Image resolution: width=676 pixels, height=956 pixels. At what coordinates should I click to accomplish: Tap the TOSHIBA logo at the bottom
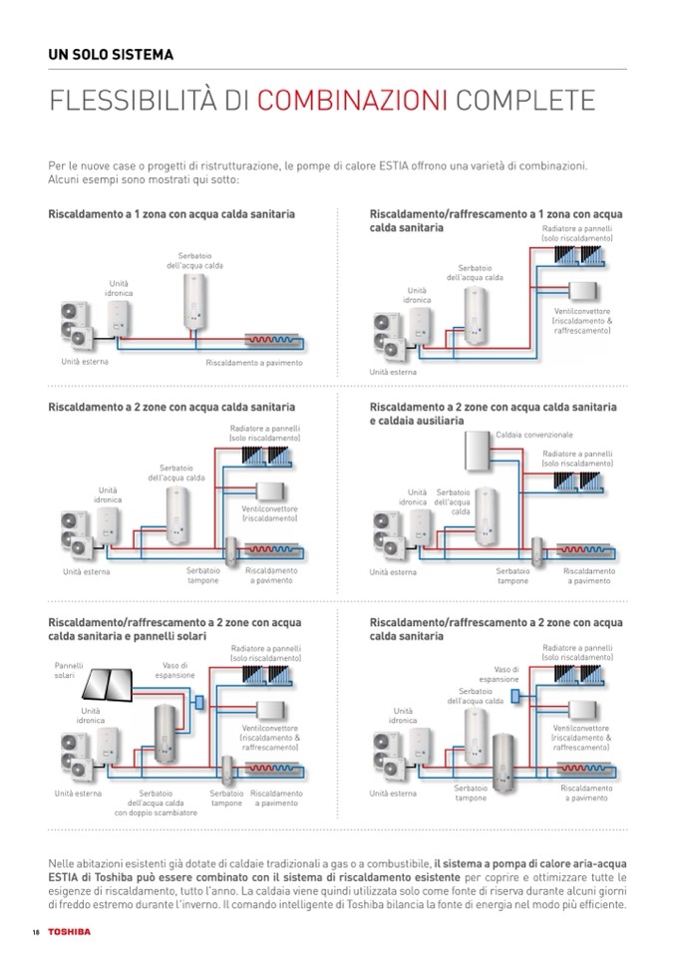pyautogui.click(x=68, y=931)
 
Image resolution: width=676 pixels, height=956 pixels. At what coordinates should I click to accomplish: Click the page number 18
pyautogui.click(x=35, y=931)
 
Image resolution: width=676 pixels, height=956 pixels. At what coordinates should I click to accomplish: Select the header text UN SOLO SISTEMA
pyautogui.click(x=111, y=55)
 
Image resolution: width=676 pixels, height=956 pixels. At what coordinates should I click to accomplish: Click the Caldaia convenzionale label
pyautogui.click(x=535, y=436)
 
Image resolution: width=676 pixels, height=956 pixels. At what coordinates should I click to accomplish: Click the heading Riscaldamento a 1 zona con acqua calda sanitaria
pyautogui.click(x=170, y=214)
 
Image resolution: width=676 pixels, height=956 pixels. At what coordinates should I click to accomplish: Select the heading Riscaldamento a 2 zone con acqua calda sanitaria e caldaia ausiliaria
pyautogui.click(x=493, y=414)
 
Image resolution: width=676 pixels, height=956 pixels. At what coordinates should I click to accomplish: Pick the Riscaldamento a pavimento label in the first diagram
pyautogui.click(x=253, y=363)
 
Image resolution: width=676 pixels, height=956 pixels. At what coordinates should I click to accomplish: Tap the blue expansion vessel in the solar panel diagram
pyautogui.click(x=199, y=702)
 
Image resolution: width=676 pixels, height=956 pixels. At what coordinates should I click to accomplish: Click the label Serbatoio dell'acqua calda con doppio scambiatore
pyautogui.click(x=156, y=802)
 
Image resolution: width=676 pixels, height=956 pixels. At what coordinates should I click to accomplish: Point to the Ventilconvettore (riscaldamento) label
pyautogui.click(x=269, y=514)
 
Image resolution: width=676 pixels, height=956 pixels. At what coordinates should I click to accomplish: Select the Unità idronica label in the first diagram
pyautogui.click(x=119, y=289)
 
